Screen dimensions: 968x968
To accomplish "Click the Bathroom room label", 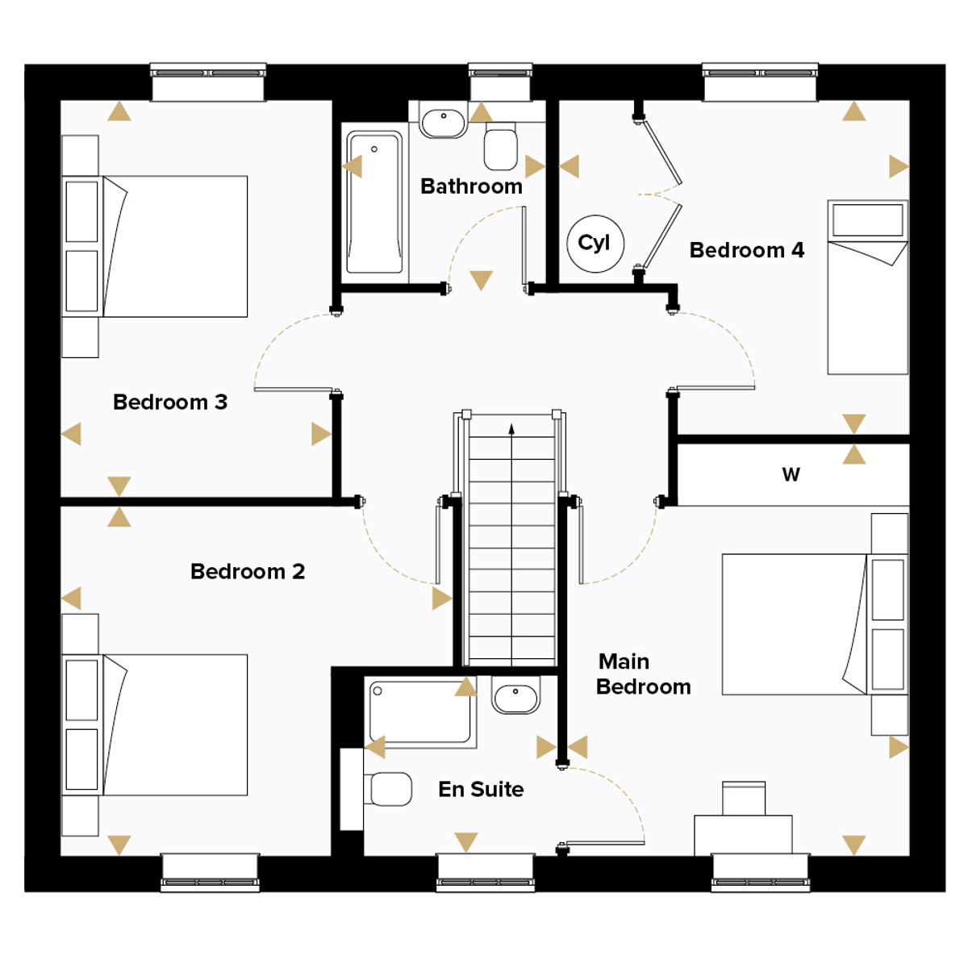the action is [471, 186].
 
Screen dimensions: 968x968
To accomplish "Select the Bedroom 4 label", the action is [746, 250].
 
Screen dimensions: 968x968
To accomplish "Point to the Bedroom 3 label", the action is [170, 402].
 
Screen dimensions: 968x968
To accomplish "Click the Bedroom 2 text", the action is [248, 571].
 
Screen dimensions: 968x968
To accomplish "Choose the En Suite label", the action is [481, 789].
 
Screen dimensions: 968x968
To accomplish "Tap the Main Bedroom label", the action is [643, 674].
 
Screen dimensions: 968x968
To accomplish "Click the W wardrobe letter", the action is [791, 474].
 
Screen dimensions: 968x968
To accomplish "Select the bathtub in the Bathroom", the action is [374, 202].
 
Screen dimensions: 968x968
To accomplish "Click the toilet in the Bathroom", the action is [500, 146].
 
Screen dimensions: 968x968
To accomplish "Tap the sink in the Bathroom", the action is [443, 123].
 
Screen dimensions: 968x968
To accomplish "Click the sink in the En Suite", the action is [515, 695].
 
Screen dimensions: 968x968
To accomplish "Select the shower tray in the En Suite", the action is [420, 711].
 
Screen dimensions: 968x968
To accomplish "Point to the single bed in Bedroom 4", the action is [867, 287].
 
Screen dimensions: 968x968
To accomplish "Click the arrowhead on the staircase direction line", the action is [511, 428].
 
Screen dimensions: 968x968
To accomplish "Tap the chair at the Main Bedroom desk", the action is [744, 799].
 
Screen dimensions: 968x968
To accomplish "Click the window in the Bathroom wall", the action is [500, 82].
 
